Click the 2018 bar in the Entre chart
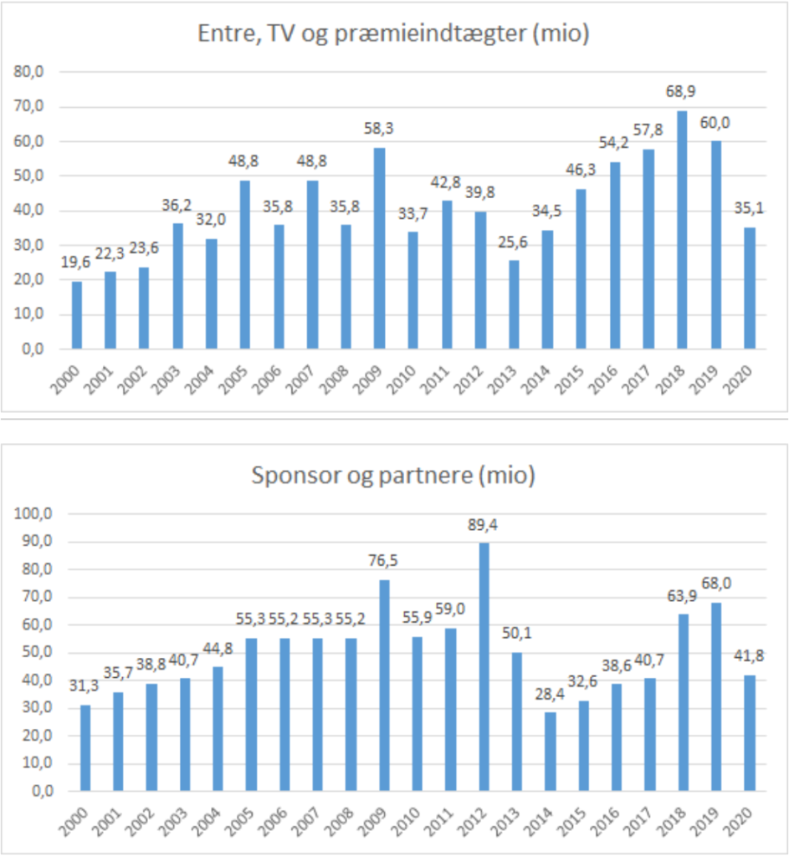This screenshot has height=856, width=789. (x=682, y=230)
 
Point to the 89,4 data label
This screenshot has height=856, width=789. (x=484, y=526)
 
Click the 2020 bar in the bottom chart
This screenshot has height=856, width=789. (x=750, y=732)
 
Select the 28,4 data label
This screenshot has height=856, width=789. (x=550, y=695)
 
